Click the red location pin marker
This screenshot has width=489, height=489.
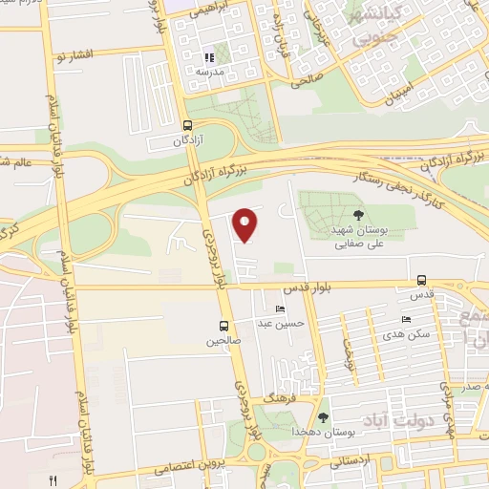tap(245, 223)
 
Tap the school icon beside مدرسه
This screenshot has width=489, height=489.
tap(208, 58)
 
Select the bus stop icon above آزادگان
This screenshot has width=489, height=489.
tap(186, 124)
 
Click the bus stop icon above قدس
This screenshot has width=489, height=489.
tap(422, 281)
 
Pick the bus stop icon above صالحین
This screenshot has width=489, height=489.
tap(223, 325)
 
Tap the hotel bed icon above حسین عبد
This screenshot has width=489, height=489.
tap(279, 309)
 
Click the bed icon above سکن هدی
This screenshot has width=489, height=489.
tap(407, 319)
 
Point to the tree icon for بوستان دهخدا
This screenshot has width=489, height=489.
tap(323, 416)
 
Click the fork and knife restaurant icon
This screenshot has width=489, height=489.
tap(53, 480)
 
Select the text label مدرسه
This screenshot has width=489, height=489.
tap(209, 73)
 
